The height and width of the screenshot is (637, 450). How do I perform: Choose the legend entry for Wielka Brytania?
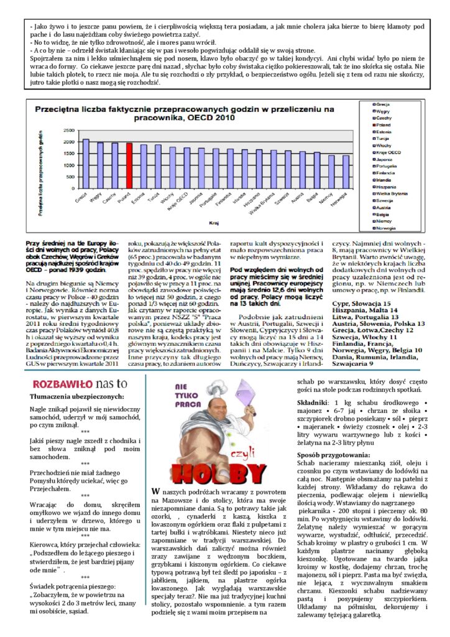click(395, 193)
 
